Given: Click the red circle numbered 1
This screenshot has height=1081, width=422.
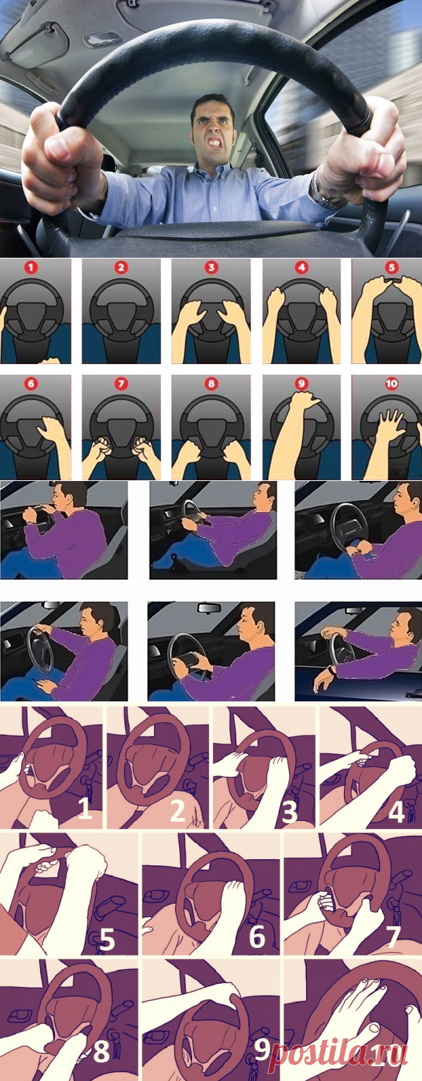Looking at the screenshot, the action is click(x=31, y=267).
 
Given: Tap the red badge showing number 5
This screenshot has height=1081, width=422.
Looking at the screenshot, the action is click(x=391, y=267).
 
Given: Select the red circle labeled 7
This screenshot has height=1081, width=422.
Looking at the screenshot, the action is click(x=121, y=384).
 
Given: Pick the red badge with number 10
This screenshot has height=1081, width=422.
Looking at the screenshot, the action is click(x=391, y=384).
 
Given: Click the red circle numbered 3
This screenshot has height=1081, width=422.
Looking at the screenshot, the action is click(x=211, y=267).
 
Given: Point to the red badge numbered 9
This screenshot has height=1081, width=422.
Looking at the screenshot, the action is click(x=301, y=384).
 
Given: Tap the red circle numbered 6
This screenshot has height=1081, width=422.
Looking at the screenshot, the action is click(x=31, y=384).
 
